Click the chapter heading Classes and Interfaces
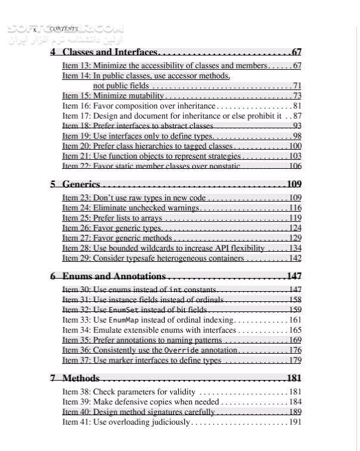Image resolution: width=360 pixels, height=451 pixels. pos(110,52)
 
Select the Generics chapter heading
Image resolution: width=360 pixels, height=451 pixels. pos(81,184)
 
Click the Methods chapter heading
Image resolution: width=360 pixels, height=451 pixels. pos(81,378)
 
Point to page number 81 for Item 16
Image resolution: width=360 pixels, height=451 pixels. pos(297,106)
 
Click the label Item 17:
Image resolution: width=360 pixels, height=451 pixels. pos(76,116)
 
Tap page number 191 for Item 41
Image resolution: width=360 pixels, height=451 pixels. pos(295,422)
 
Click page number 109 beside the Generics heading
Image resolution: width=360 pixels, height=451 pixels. pos(294,184)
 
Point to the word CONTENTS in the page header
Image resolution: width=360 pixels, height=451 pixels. pos(63,29)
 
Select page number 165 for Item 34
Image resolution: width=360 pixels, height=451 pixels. pos(295,330)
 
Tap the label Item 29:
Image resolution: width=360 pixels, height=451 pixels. pos(76,258)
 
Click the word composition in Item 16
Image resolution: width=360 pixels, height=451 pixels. pos(136,106)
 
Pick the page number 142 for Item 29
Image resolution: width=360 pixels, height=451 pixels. pos(295,258)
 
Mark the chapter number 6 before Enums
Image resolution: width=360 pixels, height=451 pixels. pos(53,276)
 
